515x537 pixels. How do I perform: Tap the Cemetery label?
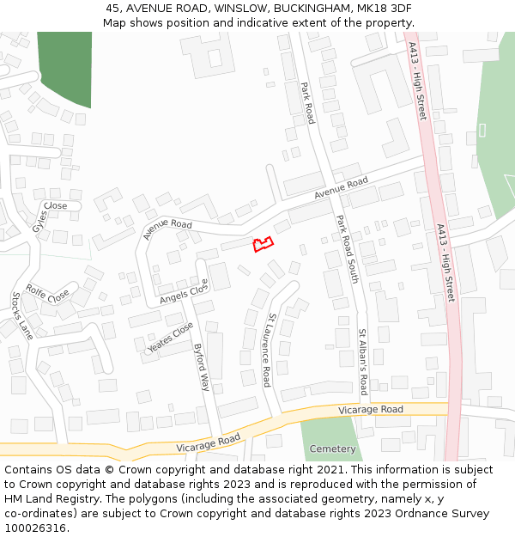tap(332, 449)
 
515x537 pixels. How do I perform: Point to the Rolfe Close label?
tap(48, 294)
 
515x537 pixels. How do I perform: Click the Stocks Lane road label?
tap(22, 315)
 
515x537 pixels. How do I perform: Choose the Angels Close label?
tap(184, 293)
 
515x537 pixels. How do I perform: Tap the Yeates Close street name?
tap(170, 338)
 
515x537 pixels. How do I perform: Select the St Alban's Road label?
tap(363, 361)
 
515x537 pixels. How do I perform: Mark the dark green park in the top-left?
tap(64, 67)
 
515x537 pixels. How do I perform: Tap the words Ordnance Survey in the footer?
tap(445, 513)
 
